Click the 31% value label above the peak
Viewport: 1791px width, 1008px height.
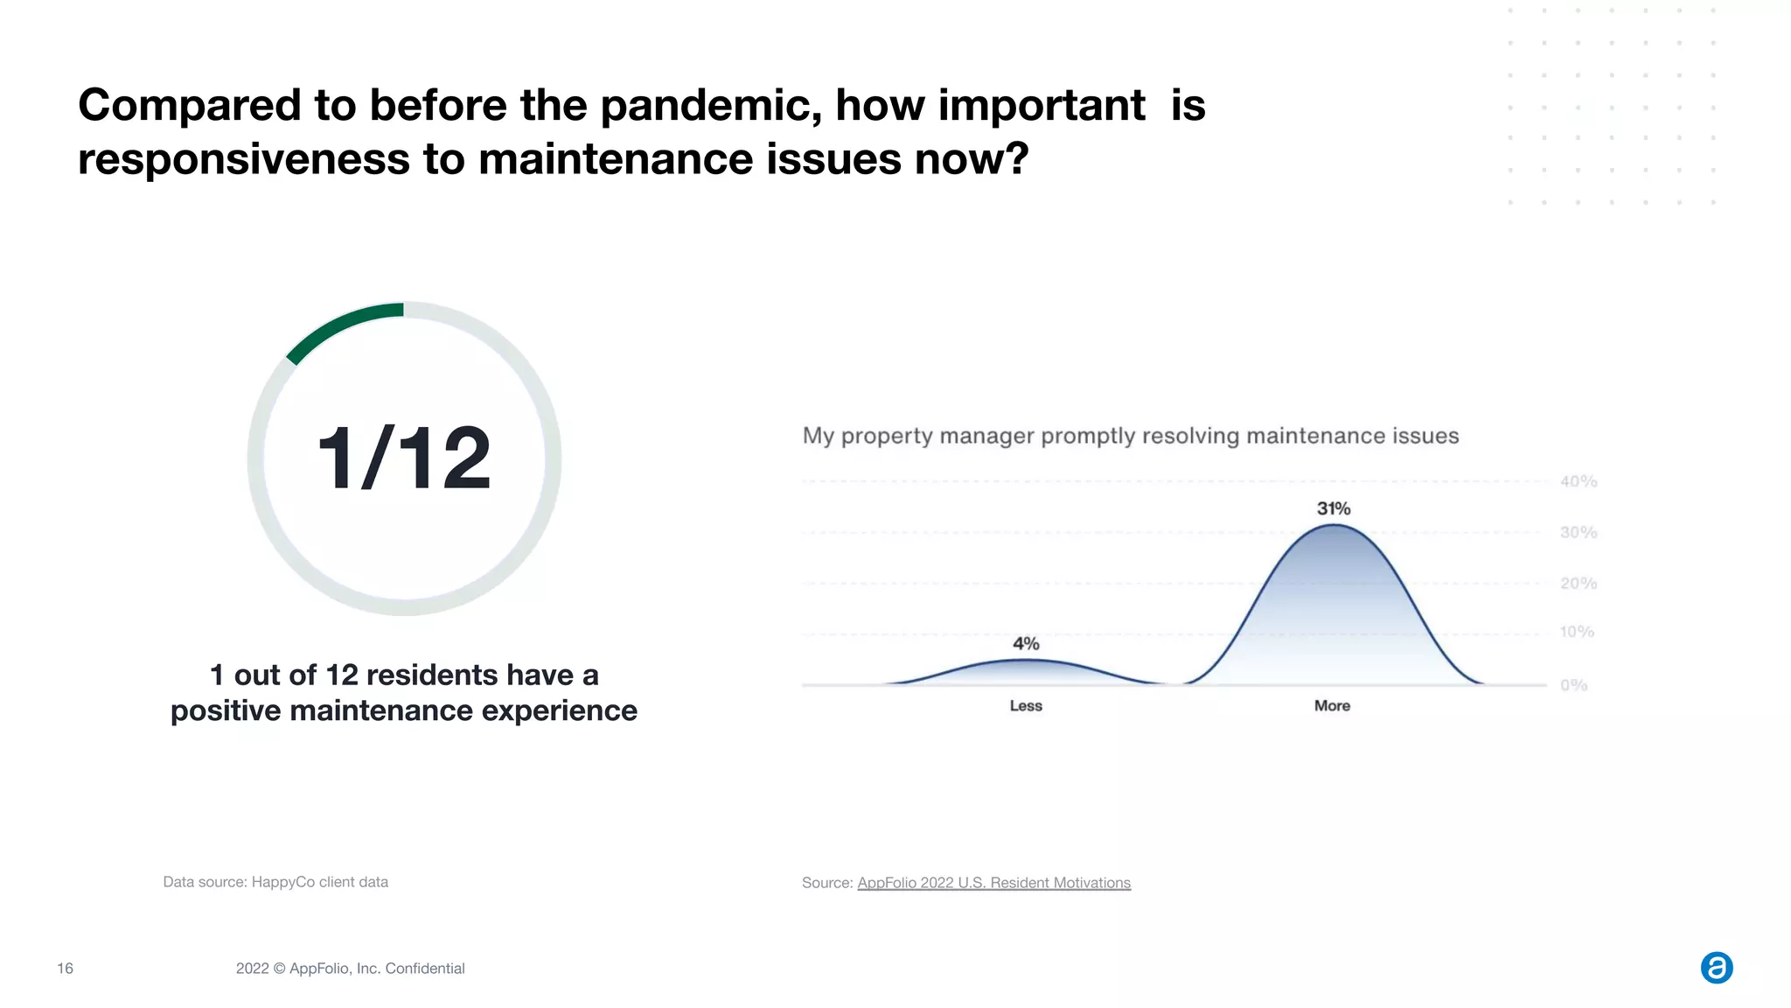point(1334,508)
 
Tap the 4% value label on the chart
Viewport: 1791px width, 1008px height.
point(1026,644)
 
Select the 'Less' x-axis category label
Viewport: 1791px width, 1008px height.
point(1026,706)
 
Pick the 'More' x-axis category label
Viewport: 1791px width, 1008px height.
point(1332,706)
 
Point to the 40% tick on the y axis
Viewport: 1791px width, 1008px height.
point(1578,481)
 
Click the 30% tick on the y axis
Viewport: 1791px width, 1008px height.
point(1578,532)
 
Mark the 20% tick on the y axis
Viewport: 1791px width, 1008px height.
point(1578,583)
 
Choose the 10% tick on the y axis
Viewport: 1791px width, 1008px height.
point(1577,632)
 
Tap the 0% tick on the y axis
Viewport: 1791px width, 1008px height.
point(1573,685)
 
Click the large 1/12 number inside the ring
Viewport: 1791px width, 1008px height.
point(404,458)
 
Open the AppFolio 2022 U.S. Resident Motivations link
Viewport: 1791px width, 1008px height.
point(993,883)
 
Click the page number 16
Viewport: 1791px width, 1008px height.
point(65,969)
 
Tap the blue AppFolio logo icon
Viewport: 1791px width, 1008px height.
point(1716,968)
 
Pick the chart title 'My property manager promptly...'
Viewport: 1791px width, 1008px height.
point(1130,436)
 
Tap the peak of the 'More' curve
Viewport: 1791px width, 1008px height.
point(1333,526)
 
